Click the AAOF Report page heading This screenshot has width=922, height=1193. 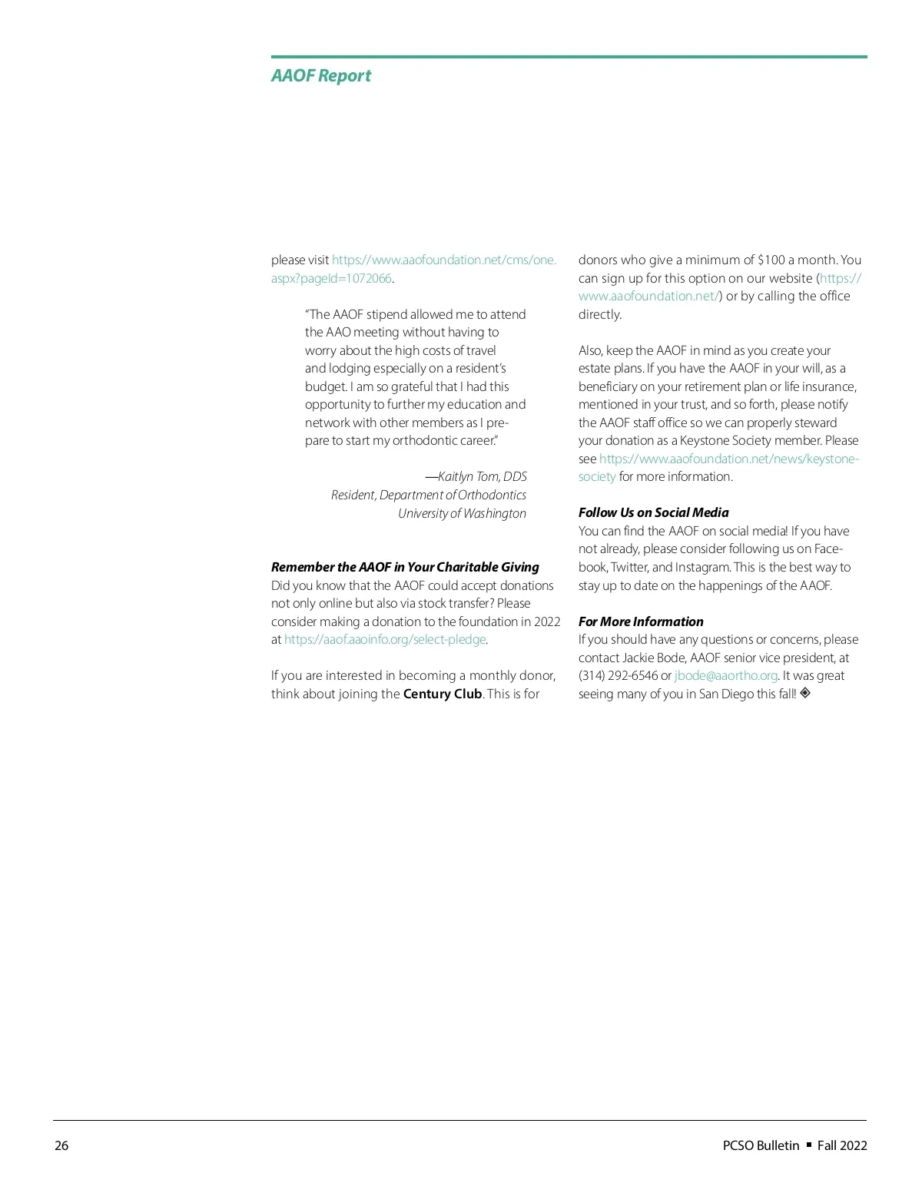[x=320, y=75]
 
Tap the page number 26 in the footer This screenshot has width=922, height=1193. [x=61, y=1145]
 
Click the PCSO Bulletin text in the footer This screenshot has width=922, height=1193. [x=761, y=1145]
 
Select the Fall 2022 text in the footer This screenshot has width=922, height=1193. [x=842, y=1145]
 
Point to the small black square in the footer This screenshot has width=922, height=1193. [x=808, y=1145]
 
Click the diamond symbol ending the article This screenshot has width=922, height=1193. [x=805, y=693]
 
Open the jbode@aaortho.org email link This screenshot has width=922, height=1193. [x=726, y=676]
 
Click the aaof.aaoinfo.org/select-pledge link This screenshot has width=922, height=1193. [x=385, y=640]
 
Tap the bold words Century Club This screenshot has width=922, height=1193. [x=443, y=694]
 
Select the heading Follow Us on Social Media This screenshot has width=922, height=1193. [x=653, y=512]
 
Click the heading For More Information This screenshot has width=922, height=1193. [x=641, y=621]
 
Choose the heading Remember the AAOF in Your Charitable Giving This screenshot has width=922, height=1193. [x=405, y=567]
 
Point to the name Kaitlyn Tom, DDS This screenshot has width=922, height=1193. [x=482, y=477]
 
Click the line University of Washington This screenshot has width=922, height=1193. [x=462, y=513]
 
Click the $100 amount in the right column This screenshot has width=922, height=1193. [x=771, y=260]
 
